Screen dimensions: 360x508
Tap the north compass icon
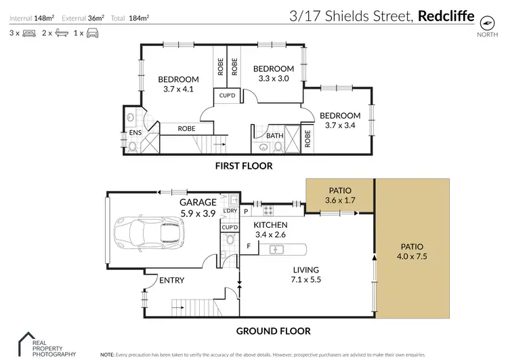point(484,21)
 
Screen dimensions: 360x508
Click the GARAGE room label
point(198,202)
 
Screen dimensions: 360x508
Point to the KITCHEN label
point(271,225)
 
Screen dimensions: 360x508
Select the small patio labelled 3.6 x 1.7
point(339,196)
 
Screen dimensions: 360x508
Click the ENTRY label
point(172,280)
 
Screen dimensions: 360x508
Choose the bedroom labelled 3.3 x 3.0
point(274,73)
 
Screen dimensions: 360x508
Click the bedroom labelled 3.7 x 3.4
point(340,120)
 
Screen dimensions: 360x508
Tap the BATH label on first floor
point(274,136)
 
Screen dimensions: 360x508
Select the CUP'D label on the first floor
point(227,96)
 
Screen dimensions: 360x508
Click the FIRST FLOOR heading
point(244,166)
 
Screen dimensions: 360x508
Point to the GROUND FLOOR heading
point(272,332)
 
